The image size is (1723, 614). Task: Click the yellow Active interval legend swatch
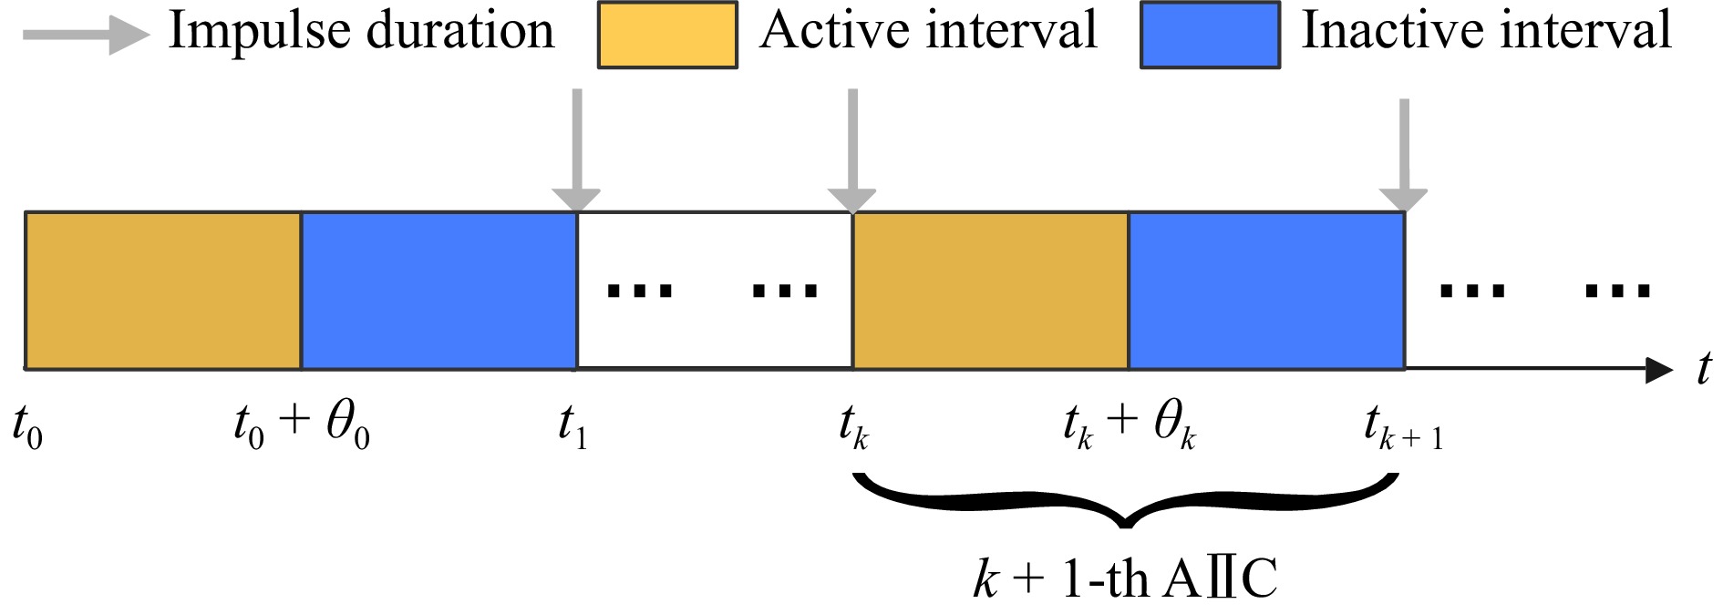point(666,35)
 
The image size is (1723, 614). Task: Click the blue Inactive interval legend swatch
point(1210,35)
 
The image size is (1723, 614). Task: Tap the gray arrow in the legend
point(86,36)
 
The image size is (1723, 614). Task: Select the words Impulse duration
point(361,31)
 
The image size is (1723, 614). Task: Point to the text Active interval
point(927,31)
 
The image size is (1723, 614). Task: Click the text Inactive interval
point(1486,31)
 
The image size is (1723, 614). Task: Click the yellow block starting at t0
point(163,290)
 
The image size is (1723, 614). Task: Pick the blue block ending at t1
point(438,290)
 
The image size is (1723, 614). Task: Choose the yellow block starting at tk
point(990,290)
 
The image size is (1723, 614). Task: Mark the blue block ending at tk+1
point(1266,290)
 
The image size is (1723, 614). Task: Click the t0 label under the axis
point(27,426)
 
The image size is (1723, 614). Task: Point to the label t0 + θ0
point(302,426)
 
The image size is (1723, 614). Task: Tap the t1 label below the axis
point(573,426)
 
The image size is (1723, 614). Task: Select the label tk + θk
point(1129,426)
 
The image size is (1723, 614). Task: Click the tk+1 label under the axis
point(1402,426)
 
